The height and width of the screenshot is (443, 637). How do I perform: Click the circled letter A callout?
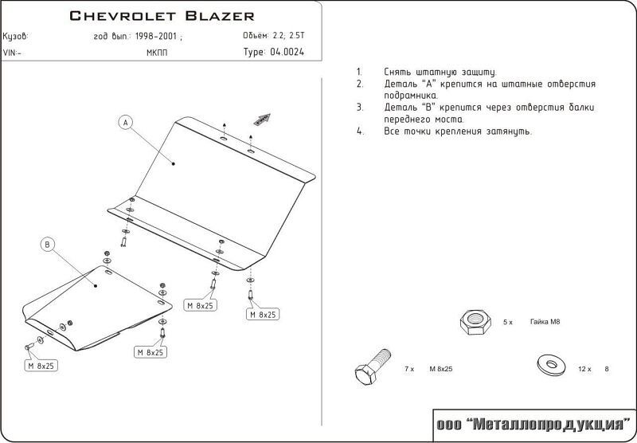pos(126,123)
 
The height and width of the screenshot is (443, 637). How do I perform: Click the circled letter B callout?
pos(48,245)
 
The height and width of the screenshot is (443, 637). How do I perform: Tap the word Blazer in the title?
pos(220,16)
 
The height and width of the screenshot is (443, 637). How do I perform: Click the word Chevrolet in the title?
pos(123,16)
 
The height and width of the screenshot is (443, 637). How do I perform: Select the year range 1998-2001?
pos(156,36)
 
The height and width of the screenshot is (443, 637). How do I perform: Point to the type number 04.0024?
pos(287,52)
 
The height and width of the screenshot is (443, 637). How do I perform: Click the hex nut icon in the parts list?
pos(475,321)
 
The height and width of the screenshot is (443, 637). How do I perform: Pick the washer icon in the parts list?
pos(551,364)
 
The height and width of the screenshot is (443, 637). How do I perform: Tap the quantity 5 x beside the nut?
pos(508,323)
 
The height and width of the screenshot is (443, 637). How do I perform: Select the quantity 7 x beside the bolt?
pos(409,369)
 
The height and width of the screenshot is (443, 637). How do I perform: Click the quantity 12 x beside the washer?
pos(584,369)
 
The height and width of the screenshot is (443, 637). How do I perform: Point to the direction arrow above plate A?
pos(262,119)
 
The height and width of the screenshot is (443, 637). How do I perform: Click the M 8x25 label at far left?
pos(41,366)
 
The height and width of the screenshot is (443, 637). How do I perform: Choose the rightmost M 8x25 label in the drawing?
pos(263,314)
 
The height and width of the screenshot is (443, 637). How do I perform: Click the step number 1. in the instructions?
pos(359,73)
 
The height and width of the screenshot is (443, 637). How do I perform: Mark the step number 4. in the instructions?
pos(360,131)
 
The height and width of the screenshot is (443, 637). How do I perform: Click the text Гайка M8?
pos(545,321)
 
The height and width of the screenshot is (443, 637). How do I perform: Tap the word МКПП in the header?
pos(156,53)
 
